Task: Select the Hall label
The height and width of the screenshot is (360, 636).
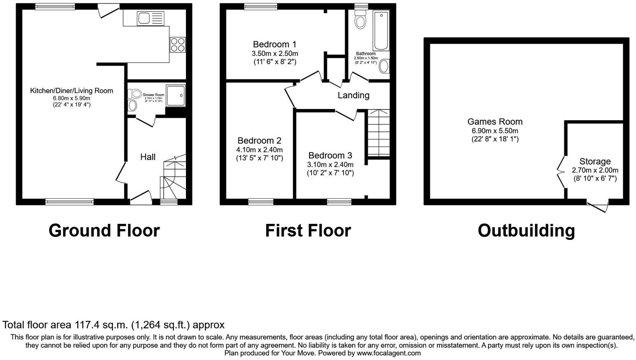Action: [148, 157]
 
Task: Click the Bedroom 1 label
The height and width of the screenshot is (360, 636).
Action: [274, 44]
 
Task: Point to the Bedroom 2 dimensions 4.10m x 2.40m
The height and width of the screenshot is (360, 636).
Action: [259, 150]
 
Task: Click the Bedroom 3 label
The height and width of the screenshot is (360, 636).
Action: [330, 156]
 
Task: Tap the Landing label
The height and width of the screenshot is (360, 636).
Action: [353, 95]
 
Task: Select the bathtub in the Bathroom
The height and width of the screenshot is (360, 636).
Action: [381, 31]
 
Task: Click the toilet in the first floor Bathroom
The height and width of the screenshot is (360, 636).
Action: [361, 20]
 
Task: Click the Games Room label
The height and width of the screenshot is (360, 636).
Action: [495, 122]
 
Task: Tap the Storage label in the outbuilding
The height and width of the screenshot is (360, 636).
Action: [595, 162]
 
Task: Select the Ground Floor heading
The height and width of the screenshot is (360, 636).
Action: [104, 230]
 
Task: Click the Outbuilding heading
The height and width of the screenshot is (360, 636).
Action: [526, 230]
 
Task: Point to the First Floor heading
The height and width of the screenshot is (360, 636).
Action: [308, 230]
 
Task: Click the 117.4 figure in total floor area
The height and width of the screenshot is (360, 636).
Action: [85, 325]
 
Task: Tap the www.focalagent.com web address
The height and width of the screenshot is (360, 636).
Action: [388, 353]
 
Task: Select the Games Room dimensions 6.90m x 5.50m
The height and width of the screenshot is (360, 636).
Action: [495, 131]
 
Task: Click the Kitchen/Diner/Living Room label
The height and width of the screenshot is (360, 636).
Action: [72, 91]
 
